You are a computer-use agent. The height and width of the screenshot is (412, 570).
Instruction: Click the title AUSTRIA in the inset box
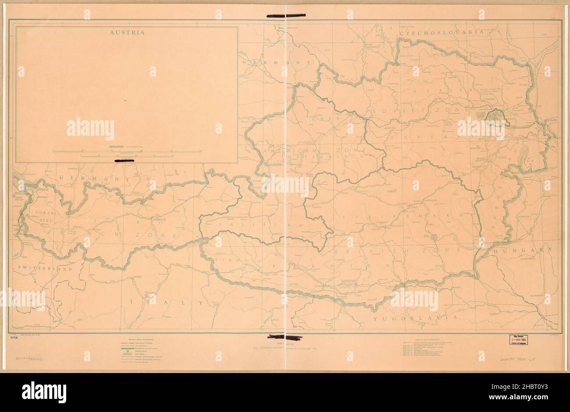click(127, 32)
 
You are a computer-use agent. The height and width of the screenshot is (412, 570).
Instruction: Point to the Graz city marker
click(435, 236)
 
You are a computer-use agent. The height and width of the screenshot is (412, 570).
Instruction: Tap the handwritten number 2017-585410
click(26, 358)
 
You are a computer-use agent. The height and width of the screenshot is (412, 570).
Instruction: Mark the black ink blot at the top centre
click(285, 16)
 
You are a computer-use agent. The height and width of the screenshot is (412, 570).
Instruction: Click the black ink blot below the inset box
click(124, 161)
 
